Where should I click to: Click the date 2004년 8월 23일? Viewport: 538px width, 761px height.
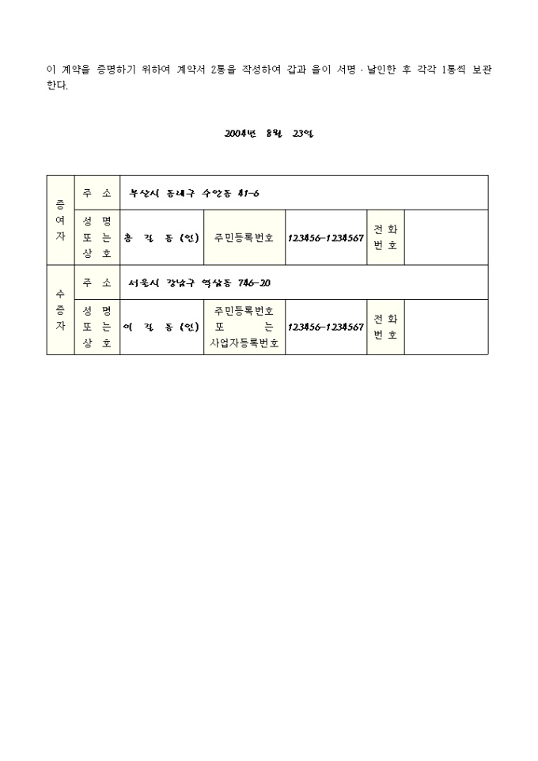click(x=269, y=134)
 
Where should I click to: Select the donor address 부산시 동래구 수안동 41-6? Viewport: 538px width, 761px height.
click(x=194, y=194)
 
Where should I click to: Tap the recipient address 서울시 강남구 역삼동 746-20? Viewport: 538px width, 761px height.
click(x=199, y=283)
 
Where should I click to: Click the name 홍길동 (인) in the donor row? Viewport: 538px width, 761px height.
click(x=161, y=238)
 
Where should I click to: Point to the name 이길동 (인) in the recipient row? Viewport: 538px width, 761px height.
click(x=161, y=327)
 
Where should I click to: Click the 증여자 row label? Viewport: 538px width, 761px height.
click(x=60, y=220)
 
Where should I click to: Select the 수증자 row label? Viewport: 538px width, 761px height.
click(x=60, y=309)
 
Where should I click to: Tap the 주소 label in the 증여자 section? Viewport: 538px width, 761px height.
click(x=97, y=193)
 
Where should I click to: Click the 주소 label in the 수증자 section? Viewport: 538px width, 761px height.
click(x=97, y=282)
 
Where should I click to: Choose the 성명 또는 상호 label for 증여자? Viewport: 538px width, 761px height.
click(x=97, y=237)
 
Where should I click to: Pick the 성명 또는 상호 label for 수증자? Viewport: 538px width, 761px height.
click(x=97, y=327)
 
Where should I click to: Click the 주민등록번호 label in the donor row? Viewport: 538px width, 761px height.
click(x=244, y=238)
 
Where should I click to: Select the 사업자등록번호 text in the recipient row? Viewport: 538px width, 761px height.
click(x=244, y=343)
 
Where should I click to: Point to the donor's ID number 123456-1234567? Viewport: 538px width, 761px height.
click(x=326, y=238)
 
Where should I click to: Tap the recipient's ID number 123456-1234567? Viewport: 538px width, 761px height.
click(x=326, y=327)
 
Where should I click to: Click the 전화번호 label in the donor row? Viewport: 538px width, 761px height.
click(x=385, y=237)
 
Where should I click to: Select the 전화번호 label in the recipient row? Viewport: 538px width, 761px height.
click(x=385, y=327)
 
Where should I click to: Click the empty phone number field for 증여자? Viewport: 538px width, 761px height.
click(x=446, y=237)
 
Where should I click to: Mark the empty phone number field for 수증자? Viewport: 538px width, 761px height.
click(x=446, y=327)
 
